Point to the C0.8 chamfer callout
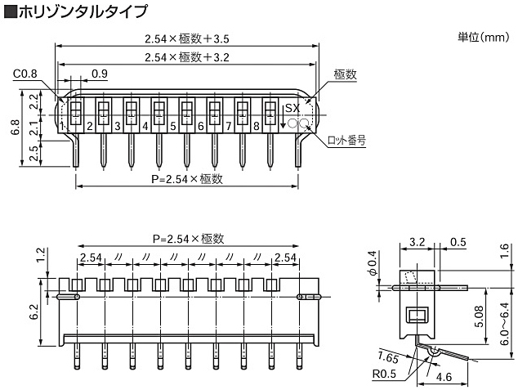pos(26,74)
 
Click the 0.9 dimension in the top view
pos(100,74)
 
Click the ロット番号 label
pos(346,140)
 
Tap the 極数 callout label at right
pos(346,74)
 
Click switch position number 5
pos(173,126)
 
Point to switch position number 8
pos(257,126)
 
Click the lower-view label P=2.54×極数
pos(188,239)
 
